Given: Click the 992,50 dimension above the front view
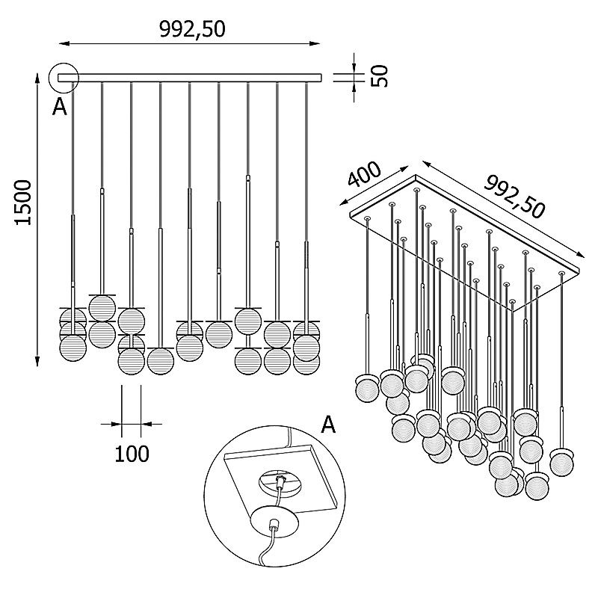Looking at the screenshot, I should coord(192,29).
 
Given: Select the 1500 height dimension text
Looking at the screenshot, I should coord(23,202).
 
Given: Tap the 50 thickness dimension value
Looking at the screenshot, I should coord(380,75).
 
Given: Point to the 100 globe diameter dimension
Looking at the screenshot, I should coord(132,453).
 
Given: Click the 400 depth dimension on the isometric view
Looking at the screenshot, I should coord(365,176).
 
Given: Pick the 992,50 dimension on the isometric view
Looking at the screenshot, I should coord(515,196).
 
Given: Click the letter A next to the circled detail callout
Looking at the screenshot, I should coord(59,108).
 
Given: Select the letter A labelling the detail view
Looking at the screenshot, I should coord(328,425).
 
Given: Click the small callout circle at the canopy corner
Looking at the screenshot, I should coord(64,76).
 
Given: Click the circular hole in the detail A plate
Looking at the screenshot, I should coord(280,481).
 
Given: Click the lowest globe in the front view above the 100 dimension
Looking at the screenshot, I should coord(131,362).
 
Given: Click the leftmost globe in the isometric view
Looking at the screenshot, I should coord(366,389).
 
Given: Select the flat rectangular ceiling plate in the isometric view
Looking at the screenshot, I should coord(463,224).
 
